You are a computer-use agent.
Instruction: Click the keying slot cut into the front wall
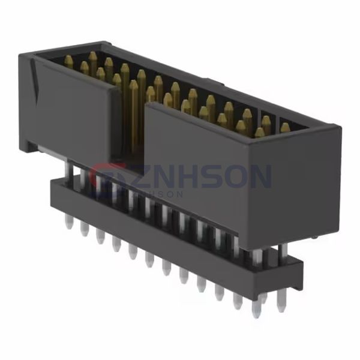[x=131, y=120]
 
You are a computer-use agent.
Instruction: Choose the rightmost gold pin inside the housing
[x=285, y=128]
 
